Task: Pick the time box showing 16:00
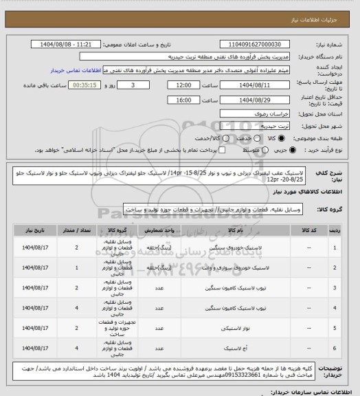183,99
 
